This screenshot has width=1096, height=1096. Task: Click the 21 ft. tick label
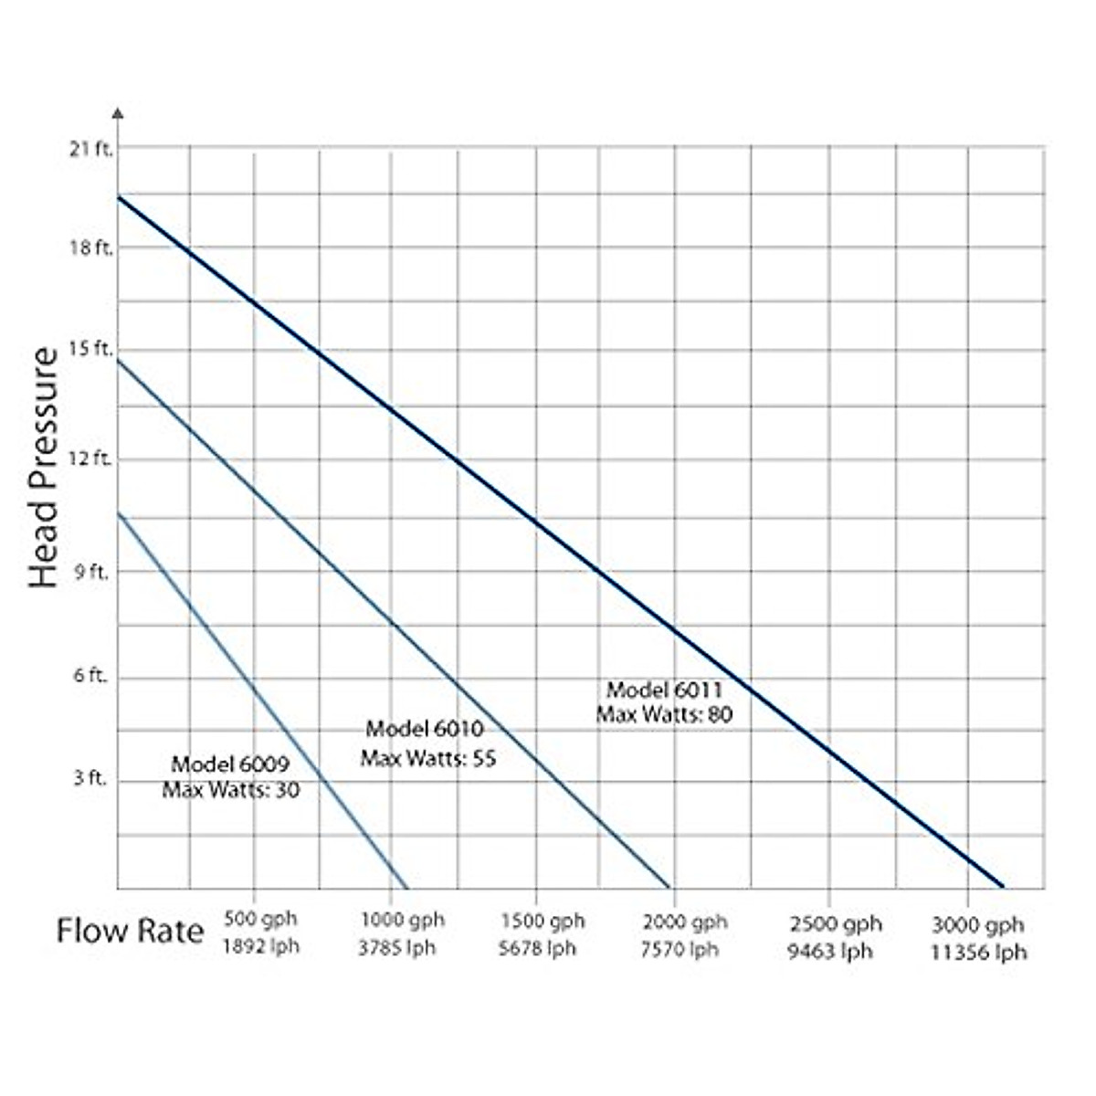point(90,150)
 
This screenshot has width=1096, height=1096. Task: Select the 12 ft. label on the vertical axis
point(90,458)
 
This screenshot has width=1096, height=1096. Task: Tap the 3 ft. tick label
point(90,778)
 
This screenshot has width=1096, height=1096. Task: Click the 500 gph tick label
point(260,921)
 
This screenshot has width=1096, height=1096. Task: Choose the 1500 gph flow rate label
point(542,921)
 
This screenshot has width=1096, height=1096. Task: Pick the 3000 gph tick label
point(978,924)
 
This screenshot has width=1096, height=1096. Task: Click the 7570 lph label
point(680,950)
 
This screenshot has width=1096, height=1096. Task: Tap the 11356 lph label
point(978,953)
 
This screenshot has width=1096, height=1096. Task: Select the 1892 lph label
point(260,946)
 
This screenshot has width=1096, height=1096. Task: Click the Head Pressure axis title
point(43,467)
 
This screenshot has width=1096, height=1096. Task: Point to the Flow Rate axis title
point(130,932)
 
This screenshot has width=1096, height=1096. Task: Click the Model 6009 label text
point(230,764)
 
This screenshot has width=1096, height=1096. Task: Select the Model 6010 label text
point(425,729)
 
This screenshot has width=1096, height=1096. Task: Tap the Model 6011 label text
point(665,690)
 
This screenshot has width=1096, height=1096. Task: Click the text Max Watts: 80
point(665,714)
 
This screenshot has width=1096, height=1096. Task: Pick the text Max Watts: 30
point(230,789)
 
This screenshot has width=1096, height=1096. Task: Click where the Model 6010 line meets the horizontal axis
point(669,887)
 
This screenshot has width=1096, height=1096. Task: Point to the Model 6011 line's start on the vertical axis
point(119,196)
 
